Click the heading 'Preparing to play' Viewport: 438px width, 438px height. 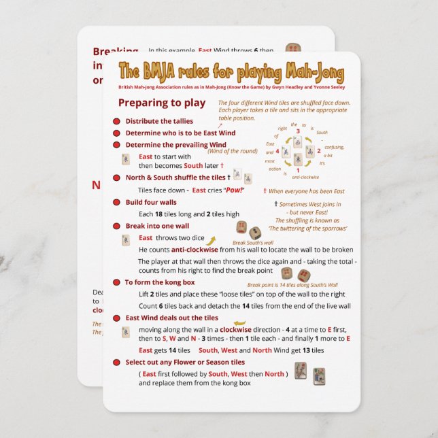(161, 103)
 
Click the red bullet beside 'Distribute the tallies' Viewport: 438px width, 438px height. (117, 122)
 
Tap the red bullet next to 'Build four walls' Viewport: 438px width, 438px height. (117, 203)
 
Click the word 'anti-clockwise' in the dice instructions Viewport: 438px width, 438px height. (194, 250)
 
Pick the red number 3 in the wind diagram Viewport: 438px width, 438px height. (297, 131)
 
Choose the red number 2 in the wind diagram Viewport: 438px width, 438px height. (319, 151)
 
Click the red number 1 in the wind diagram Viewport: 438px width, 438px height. (298, 170)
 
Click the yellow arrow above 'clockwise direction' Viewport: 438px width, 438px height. (239, 323)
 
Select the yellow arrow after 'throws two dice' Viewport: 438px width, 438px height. (211, 240)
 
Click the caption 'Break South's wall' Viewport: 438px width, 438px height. (253, 243)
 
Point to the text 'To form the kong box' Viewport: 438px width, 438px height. (160, 282)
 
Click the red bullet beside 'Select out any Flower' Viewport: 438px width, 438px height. (117, 363)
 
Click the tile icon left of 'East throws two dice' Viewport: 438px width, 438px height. (126, 240)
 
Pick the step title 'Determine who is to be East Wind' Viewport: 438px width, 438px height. (180, 133)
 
